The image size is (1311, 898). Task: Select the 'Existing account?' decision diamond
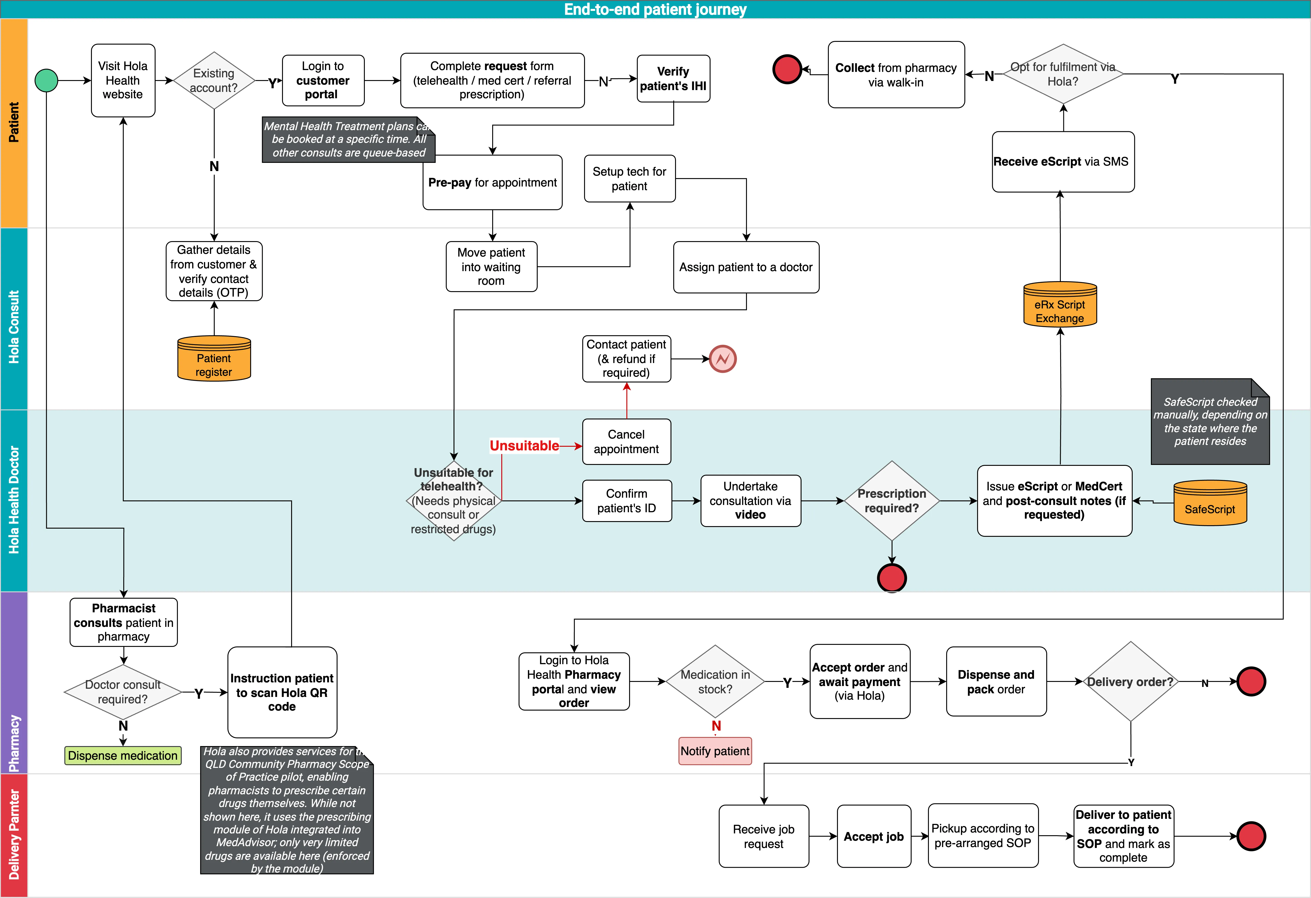[214, 81]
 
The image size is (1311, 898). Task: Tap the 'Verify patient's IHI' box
[673, 79]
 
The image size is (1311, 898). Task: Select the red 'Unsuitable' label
[524, 446]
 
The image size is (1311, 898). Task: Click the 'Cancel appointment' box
[626, 442]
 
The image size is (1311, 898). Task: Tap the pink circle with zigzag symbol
[723, 359]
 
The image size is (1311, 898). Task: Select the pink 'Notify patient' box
[715, 751]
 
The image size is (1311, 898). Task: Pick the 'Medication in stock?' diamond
[715, 681]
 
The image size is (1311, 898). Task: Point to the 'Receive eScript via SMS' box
[1063, 162]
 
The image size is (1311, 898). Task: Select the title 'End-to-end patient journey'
[655, 9]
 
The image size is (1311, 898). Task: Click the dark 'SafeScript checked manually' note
[1210, 422]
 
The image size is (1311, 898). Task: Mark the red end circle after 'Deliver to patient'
[1251, 836]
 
